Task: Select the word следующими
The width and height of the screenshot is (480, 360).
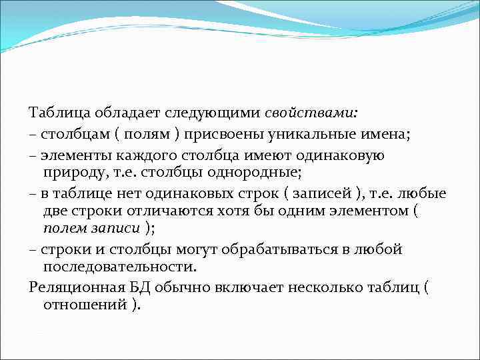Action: [203, 112]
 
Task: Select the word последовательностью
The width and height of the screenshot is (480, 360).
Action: [120, 267]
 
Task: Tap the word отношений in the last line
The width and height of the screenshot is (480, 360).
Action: [85, 305]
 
